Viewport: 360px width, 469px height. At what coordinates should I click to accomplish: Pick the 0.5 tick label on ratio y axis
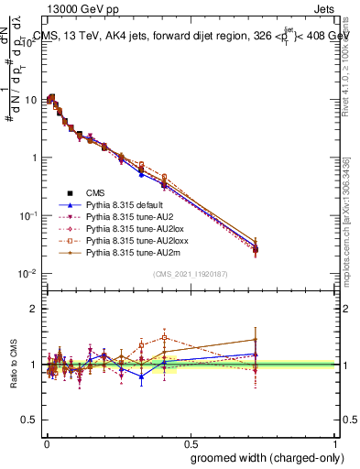click(x=30, y=420)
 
